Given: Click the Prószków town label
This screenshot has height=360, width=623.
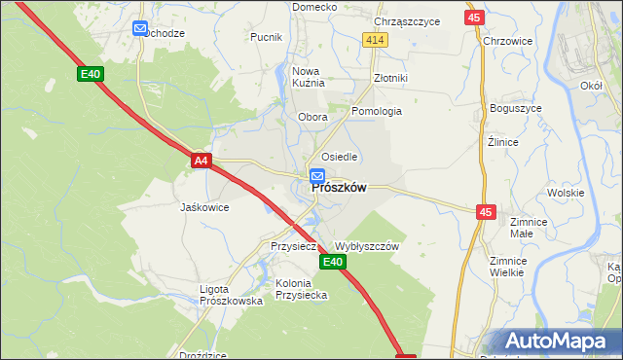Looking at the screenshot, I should [339, 189].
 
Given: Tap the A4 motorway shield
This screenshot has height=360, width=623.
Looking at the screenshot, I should [202, 161].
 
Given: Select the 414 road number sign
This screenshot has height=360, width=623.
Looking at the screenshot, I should [376, 39].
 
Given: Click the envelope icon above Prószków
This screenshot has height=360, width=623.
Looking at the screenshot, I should [317, 176].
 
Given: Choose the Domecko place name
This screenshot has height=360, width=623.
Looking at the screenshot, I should [314, 7].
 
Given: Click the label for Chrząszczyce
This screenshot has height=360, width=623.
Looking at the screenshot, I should [407, 21].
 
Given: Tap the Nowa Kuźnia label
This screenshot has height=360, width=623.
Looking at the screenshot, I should [307, 77].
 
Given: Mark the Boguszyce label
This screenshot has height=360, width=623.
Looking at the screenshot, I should [515, 108].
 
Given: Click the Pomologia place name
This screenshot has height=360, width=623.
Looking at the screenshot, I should [377, 111].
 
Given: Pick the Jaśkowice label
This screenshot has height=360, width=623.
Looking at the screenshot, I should [204, 207].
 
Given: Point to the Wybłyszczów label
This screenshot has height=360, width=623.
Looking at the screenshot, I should [367, 247].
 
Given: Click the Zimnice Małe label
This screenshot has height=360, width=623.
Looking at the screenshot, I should [529, 228].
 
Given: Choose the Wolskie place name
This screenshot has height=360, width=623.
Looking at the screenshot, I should [565, 193].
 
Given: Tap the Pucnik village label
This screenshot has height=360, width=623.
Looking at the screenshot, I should [266, 38].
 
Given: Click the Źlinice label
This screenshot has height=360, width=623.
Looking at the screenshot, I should [502, 142].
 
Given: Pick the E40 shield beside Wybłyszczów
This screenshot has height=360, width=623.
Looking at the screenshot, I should [333, 263].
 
